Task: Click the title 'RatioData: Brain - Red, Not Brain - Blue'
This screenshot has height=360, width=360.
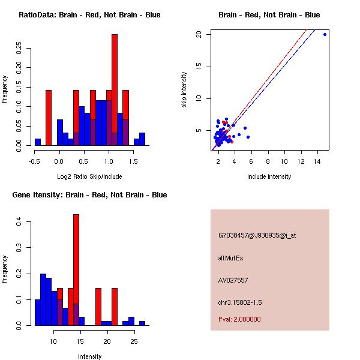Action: (x=89, y=15)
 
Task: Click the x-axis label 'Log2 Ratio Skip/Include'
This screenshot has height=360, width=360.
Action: (x=89, y=176)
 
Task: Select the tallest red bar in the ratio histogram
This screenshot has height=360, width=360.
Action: (x=115, y=90)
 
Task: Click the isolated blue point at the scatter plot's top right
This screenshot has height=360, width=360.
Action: (x=325, y=34)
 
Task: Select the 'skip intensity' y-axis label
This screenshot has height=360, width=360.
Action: (x=184, y=90)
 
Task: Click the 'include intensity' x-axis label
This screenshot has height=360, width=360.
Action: (x=269, y=176)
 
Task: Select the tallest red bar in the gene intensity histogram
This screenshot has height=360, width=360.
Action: (x=76, y=270)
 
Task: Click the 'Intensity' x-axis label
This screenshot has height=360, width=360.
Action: (x=89, y=356)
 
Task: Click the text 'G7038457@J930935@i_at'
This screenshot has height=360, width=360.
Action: (x=257, y=235)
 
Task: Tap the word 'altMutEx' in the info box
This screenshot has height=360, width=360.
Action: (x=231, y=258)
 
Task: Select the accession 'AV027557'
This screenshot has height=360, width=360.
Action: (x=233, y=280)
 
